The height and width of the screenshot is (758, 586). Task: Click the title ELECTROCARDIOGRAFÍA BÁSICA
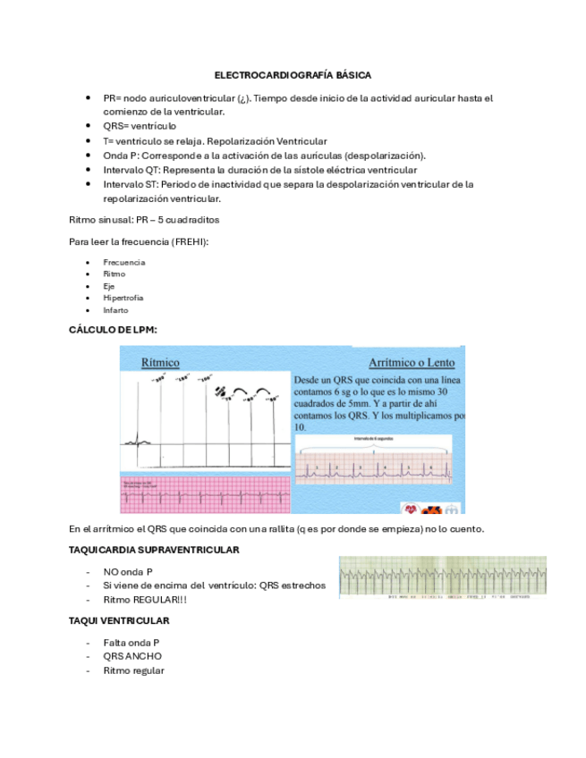pos(293,76)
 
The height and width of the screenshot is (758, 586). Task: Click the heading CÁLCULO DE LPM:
pos(113,330)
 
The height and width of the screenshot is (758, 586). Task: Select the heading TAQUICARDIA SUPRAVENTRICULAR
pos(154,549)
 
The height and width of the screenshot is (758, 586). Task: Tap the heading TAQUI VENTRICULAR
pos(119,620)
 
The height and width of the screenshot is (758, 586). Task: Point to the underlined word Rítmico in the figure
pos(161,362)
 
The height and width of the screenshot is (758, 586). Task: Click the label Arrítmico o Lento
pos(412,363)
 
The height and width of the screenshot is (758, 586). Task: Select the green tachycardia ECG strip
pos(442,577)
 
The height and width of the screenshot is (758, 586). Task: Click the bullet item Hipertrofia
pos(123,298)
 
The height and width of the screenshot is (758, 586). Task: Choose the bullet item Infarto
pos(115,310)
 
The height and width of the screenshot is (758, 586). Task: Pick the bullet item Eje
pos(108,286)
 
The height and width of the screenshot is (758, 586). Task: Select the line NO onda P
pos(127,570)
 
